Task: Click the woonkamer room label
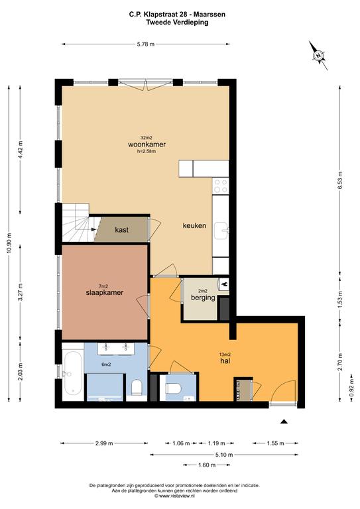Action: (147, 144)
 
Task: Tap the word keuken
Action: (194, 225)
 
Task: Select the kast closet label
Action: (122, 230)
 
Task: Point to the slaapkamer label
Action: (105, 292)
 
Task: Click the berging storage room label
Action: (204, 298)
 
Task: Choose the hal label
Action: (225, 361)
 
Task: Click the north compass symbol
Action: (318, 56)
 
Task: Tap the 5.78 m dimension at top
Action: (146, 44)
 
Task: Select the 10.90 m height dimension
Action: (9, 243)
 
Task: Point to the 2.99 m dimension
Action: (104, 443)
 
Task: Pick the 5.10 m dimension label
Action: (224, 455)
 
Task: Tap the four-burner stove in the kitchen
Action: (220, 186)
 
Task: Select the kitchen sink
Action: (221, 231)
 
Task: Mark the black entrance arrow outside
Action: (284, 422)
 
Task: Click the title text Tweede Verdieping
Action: (177, 23)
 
